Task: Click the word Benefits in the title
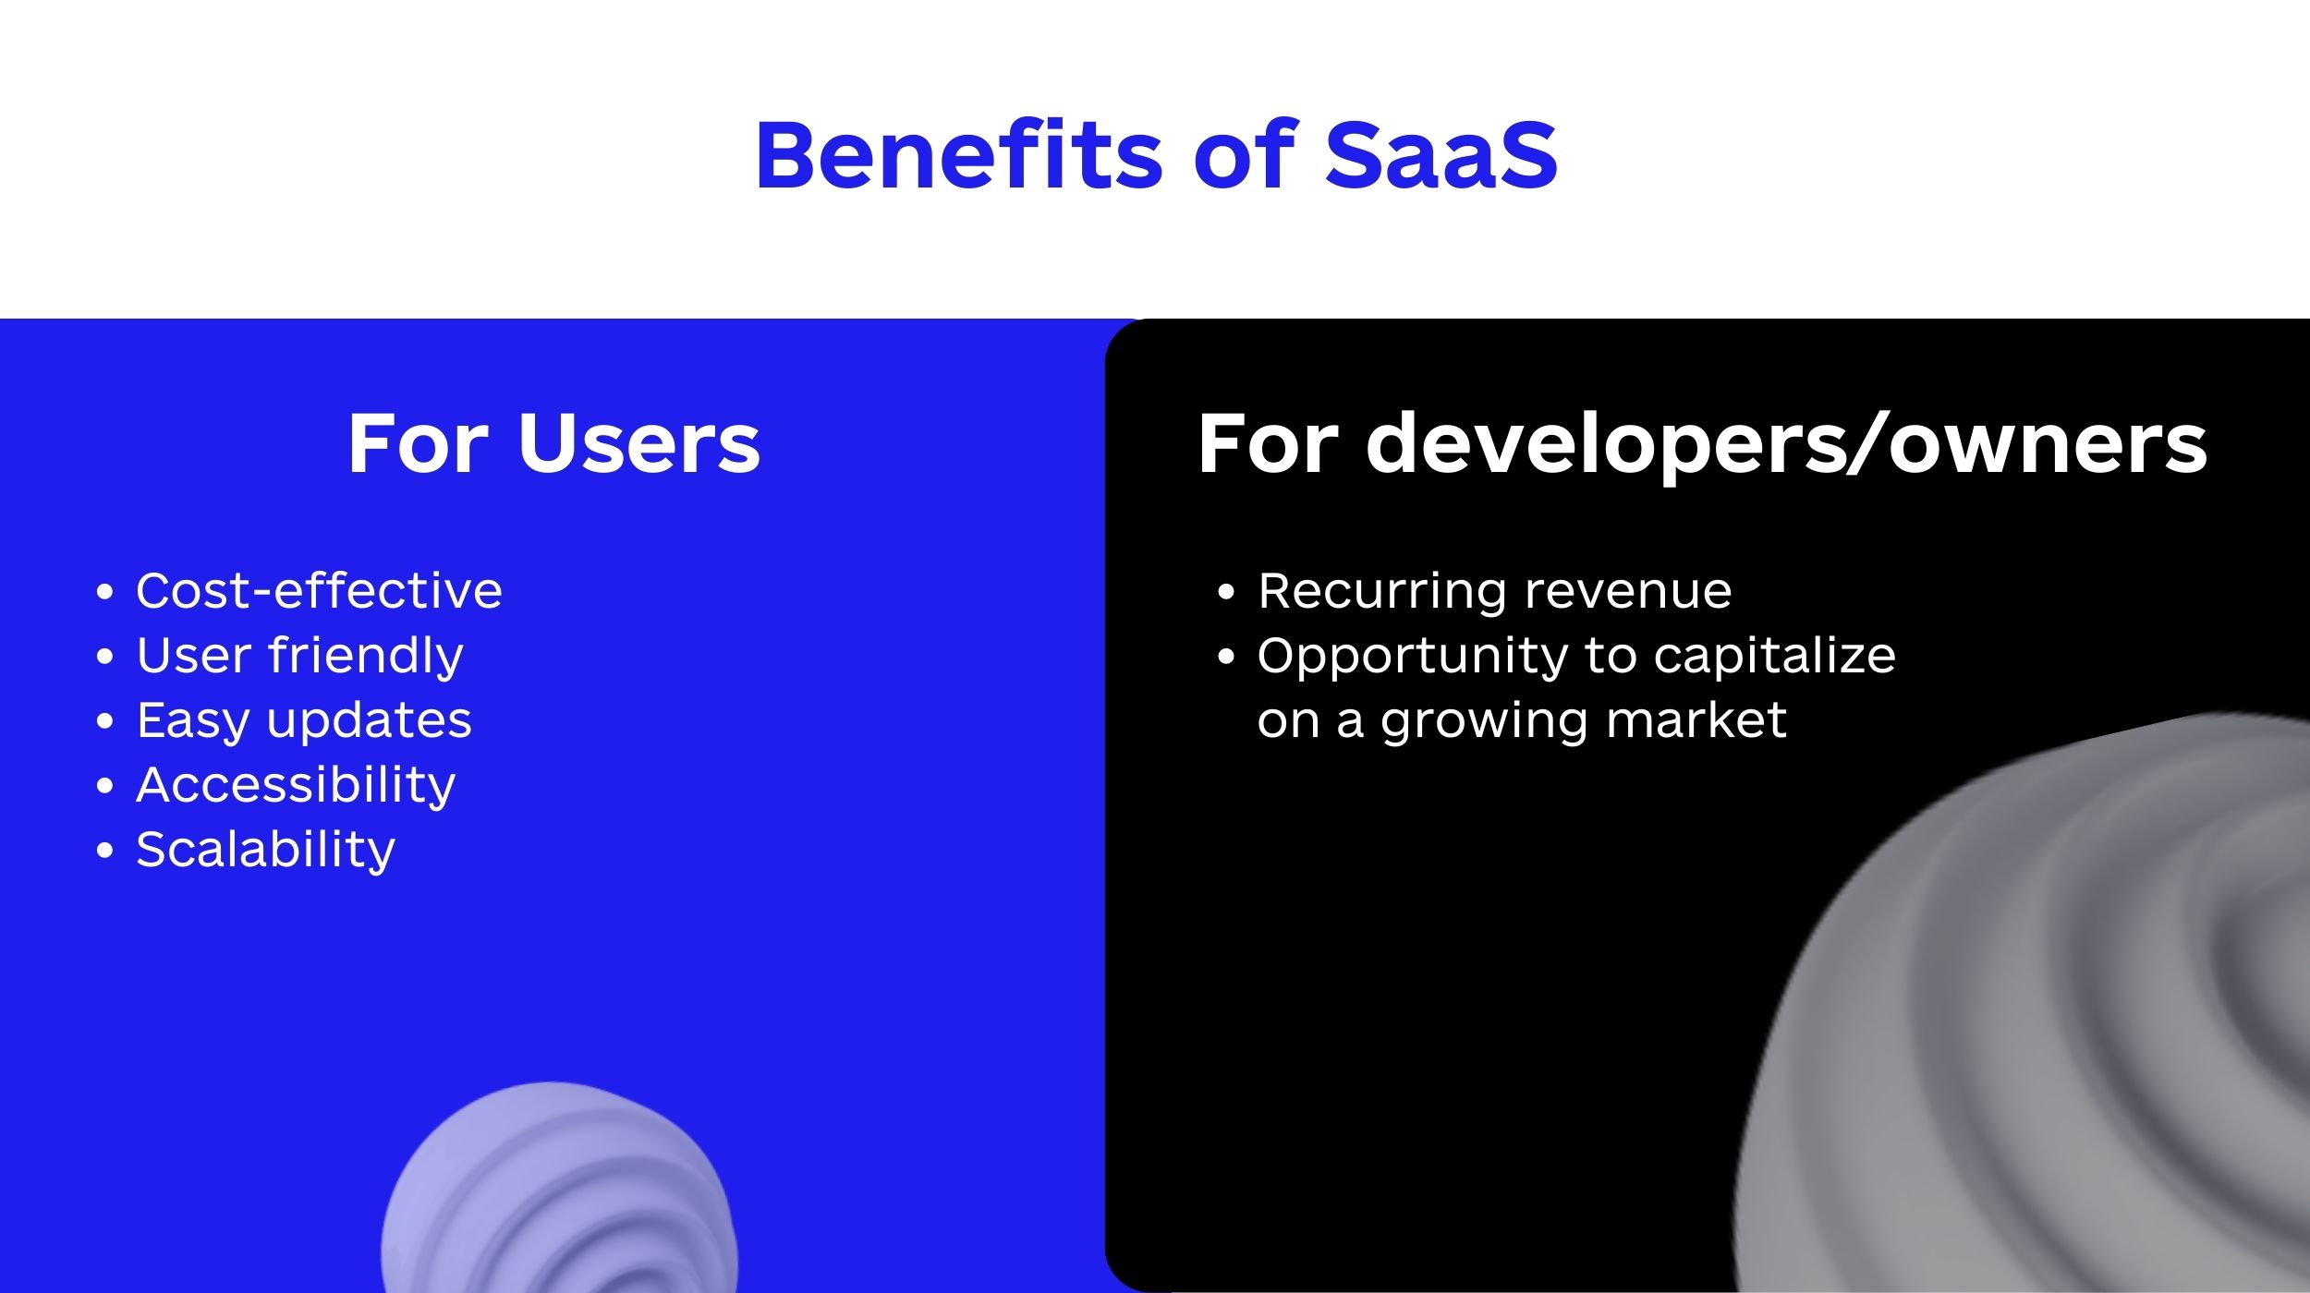click(x=959, y=154)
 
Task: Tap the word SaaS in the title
click(x=1441, y=155)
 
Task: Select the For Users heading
click(x=553, y=443)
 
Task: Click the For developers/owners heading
click(x=1702, y=445)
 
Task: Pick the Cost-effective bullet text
click(x=319, y=590)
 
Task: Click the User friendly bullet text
click(x=299, y=657)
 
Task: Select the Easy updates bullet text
click(x=304, y=721)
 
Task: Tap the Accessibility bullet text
click(x=296, y=786)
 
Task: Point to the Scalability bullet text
click(x=265, y=851)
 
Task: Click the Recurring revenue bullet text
click(x=1495, y=592)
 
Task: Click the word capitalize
click(x=1774, y=657)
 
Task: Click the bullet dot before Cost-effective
click(x=104, y=592)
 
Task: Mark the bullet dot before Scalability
click(x=104, y=851)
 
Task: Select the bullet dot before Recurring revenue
click(x=1226, y=592)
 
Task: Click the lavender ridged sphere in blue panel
click(x=559, y=1191)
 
